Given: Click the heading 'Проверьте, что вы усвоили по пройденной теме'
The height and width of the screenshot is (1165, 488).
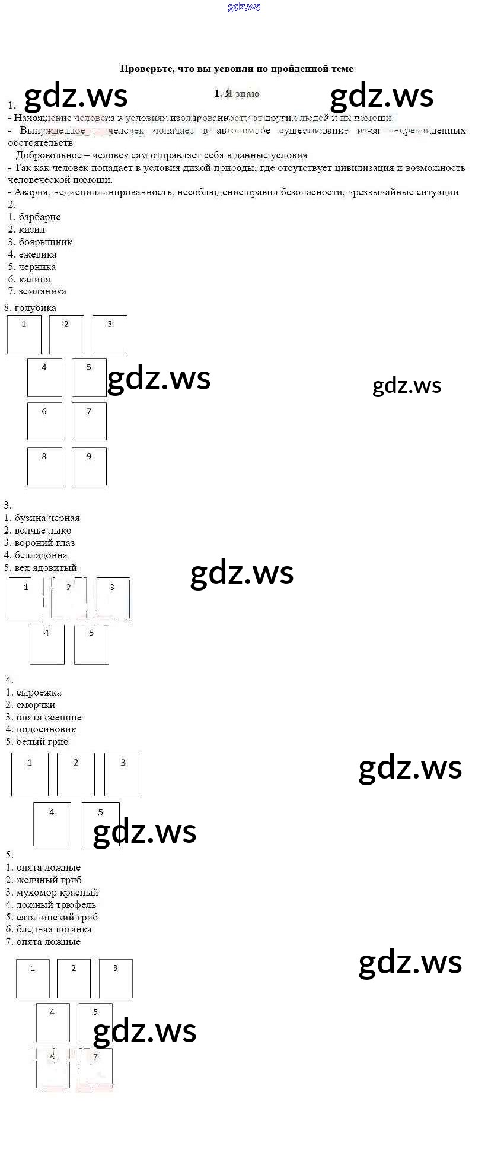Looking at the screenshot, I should [x=237, y=69].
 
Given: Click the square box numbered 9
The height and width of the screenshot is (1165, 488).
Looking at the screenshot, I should [x=89, y=466].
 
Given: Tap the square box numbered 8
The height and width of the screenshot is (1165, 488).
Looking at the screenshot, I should [x=44, y=466].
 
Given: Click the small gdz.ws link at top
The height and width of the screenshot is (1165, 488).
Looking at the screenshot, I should [x=244, y=7].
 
